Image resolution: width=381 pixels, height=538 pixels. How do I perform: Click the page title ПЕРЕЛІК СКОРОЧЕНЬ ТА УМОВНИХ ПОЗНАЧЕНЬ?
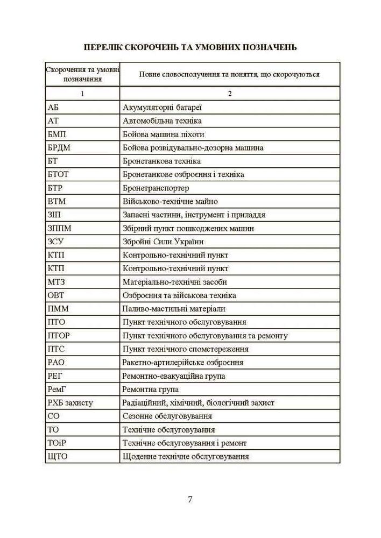click(190, 47)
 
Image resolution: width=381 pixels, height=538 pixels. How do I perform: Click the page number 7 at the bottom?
click(190, 498)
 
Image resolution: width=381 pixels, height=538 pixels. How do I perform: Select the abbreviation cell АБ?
click(53, 107)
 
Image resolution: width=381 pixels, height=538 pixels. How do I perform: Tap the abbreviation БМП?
click(57, 134)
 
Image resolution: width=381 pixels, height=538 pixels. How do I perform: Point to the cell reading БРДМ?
click(59, 147)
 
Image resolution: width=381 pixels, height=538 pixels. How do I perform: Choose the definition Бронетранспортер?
click(156, 188)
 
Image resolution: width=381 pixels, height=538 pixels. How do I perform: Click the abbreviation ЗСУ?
click(56, 242)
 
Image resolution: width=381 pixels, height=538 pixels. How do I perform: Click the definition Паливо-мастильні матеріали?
click(174, 309)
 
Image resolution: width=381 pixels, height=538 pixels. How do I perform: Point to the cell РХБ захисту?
click(70, 402)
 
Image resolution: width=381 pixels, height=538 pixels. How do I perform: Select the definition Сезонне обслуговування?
click(167, 416)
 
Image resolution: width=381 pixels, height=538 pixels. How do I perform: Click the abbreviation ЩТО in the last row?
click(58, 456)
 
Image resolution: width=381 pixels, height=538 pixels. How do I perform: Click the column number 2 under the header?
click(230, 94)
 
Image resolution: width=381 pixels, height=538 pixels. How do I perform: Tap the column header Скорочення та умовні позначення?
click(83, 74)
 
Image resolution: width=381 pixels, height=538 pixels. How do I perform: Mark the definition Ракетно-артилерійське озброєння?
click(182, 363)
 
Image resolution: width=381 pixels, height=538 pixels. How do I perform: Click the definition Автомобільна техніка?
click(162, 121)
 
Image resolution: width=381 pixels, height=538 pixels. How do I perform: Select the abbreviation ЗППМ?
click(59, 228)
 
